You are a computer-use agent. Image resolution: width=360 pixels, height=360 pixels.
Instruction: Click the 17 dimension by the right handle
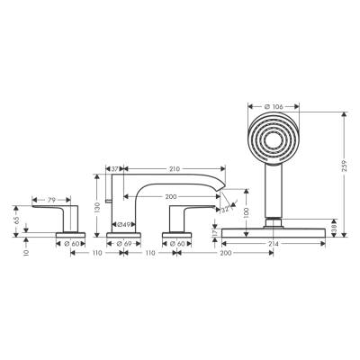coord(212,234)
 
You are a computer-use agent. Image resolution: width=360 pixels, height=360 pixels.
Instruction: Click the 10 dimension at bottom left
coord(27,253)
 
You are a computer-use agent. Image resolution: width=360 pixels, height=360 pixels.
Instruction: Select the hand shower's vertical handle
coord(273,193)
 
